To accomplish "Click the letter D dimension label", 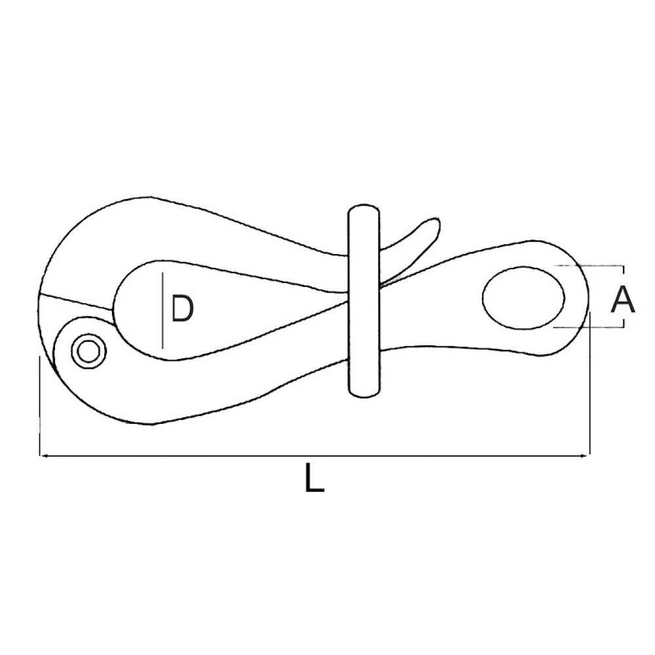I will point(182,309).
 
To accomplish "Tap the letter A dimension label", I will point(622,300).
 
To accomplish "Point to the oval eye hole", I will point(524,296).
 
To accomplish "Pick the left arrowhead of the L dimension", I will point(45,455).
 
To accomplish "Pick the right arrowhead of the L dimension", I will point(586,455).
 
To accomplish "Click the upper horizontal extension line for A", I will point(589,266).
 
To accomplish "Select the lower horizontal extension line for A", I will point(589,327).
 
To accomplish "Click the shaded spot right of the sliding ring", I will point(392,280).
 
